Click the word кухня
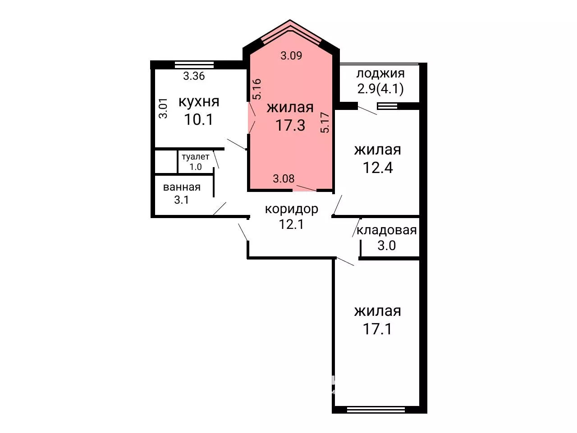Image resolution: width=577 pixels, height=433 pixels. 199,102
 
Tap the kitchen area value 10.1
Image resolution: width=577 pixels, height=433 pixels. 199,119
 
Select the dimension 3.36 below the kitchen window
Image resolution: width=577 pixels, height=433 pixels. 194,76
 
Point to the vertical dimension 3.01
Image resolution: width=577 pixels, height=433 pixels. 163,108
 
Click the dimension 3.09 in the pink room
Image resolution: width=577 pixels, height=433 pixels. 291,55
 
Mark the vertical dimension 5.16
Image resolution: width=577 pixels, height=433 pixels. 257,89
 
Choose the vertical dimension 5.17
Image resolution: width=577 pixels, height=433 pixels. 325,123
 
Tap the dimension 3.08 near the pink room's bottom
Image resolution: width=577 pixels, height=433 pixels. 284,179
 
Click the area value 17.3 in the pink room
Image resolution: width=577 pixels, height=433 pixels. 290,125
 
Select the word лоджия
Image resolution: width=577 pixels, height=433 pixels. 380,73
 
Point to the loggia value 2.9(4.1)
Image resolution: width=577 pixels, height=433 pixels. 380,89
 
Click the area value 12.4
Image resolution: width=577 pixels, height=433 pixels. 378,168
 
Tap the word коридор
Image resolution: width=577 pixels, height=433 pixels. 292,209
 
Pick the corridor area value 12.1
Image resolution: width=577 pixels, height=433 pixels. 291,224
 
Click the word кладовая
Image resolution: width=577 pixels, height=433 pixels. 386,230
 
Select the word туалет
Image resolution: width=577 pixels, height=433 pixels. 196,157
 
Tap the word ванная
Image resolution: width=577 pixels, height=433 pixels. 182,187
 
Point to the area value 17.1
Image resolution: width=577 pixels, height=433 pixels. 377,328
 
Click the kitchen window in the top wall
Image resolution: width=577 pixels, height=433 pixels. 194,64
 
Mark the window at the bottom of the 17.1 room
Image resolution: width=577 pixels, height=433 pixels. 376,410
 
